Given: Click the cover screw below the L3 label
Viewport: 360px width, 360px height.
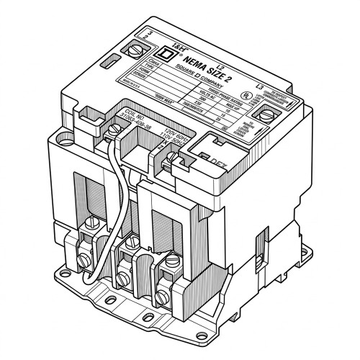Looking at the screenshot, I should pos(268,113).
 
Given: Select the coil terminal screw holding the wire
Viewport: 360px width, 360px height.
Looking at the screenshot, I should pos(116,130).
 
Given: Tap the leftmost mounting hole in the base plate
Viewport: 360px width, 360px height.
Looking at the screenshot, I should pos(74,287).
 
